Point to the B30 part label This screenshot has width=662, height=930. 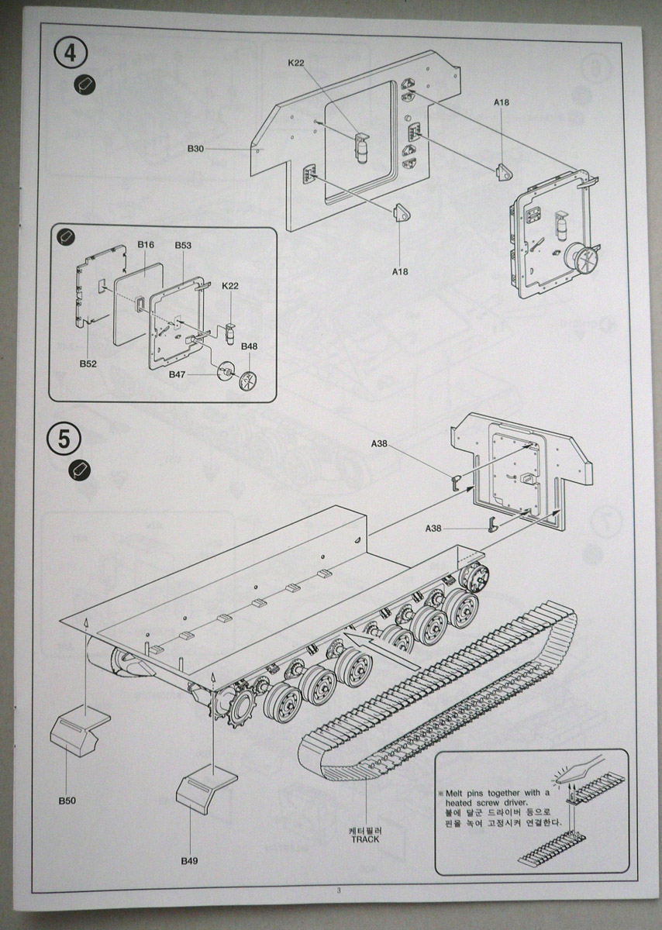point(195,148)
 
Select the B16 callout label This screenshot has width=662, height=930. point(146,246)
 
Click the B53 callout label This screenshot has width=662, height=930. point(183,246)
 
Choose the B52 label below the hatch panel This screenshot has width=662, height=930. point(88,363)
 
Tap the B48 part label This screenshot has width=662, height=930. point(249,346)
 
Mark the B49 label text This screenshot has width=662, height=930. point(190,861)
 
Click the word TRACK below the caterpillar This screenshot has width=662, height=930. point(364,839)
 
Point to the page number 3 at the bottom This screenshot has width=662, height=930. point(339,889)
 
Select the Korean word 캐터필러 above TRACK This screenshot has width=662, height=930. point(364,829)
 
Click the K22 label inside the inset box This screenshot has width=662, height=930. point(230,286)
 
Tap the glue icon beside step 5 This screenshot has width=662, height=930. point(81,469)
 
